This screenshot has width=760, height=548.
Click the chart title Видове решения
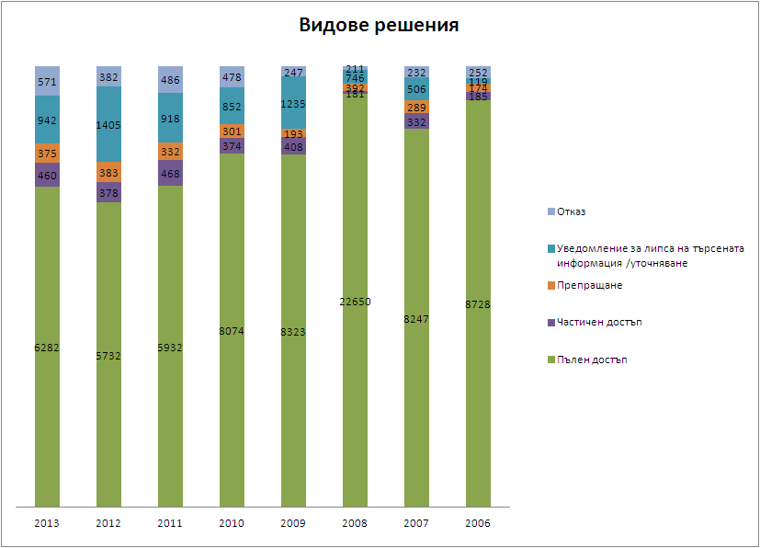coord(379,26)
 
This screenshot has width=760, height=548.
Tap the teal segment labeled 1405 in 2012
coord(108,124)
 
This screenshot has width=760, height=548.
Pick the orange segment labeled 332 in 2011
coord(170,152)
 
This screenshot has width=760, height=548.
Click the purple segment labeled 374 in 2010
coord(232,146)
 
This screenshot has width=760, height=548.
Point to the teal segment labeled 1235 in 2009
coord(293,103)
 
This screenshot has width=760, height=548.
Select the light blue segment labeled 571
coord(47,81)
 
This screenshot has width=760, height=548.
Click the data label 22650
coord(355,302)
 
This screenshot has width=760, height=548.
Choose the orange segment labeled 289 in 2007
coord(416,108)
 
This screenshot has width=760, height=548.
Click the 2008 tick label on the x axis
coord(355,523)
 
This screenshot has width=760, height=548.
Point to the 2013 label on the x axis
coord(47,523)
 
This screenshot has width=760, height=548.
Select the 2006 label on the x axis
coord(478,523)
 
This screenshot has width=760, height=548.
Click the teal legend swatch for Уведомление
coord(550,249)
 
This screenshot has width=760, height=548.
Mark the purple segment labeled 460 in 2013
coord(47,175)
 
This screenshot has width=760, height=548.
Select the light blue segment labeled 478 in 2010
coord(232,77)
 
